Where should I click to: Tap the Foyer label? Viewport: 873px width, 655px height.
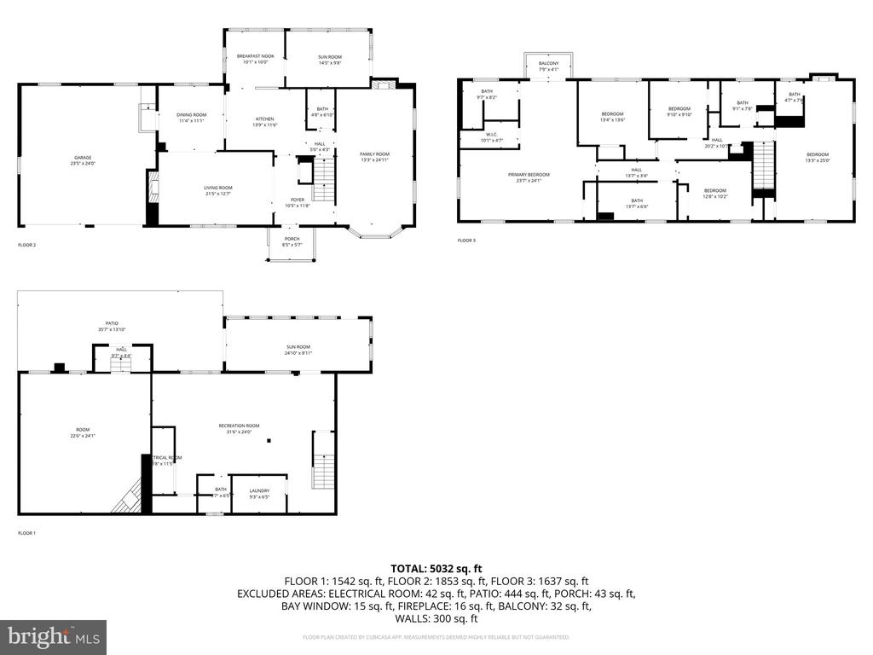(298, 203)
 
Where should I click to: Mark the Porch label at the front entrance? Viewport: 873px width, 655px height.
(292, 242)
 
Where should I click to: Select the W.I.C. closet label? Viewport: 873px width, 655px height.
(492, 137)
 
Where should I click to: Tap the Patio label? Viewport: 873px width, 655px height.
(112, 326)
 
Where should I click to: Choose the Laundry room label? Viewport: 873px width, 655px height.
(259, 493)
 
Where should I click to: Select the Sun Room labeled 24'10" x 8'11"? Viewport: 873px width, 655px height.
(298, 350)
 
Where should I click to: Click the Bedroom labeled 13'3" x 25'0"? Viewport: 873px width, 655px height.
(818, 157)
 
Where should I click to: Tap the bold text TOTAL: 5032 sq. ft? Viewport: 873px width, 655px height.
(436, 568)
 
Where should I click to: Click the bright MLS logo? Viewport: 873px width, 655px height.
(54, 636)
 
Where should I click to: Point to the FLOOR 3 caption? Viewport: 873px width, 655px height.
(467, 241)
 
